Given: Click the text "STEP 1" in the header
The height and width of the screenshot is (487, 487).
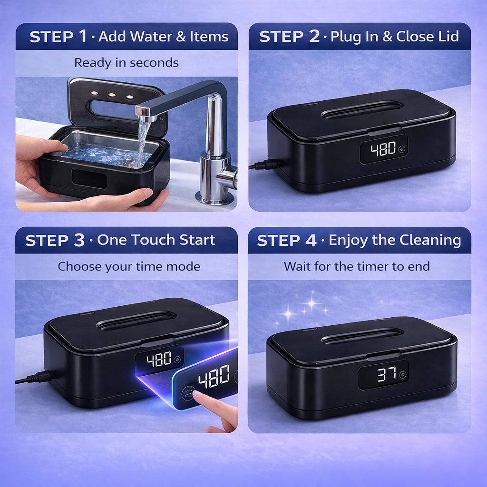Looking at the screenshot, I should pyautogui.click(x=58, y=37).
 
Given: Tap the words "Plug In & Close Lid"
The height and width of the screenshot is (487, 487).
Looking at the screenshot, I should pyautogui.click(x=394, y=37).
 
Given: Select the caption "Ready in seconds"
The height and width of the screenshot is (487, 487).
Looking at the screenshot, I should pyautogui.click(x=127, y=63).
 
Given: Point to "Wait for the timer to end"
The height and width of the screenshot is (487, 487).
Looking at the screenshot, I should pyautogui.click(x=357, y=266).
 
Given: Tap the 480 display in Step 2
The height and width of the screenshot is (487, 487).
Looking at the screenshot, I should pyautogui.click(x=383, y=149).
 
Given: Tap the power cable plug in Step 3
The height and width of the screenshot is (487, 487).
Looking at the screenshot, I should pyautogui.click(x=36, y=378).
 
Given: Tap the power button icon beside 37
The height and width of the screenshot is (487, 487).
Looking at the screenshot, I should pyautogui.click(x=403, y=375).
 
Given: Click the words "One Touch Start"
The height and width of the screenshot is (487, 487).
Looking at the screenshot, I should pyautogui.click(x=156, y=240).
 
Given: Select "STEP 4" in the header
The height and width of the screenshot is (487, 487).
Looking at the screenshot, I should pyautogui.click(x=287, y=241).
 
